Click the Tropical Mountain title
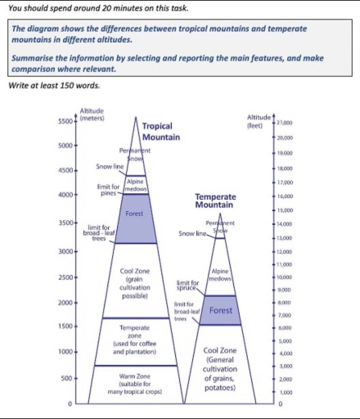[161, 132]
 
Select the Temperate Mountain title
[215, 201]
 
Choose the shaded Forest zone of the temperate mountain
[220, 311]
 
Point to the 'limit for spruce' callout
[187, 285]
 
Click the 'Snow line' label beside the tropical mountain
[110, 166]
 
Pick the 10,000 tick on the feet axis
[275, 277]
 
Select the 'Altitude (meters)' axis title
[92, 115]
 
